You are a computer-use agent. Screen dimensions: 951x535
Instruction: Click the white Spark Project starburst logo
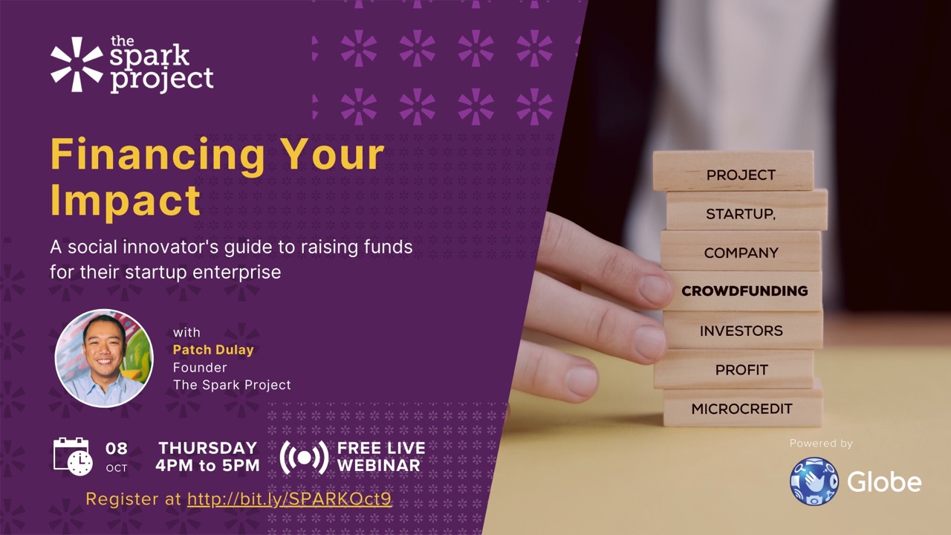[77, 65]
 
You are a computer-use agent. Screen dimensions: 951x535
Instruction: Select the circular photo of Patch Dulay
[104, 358]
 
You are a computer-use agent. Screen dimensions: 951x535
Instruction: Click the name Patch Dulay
[213, 349]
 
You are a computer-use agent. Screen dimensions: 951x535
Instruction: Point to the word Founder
[200, 367]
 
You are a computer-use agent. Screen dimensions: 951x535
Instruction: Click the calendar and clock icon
[73, 456]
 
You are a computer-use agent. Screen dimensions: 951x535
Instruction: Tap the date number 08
[117, 448]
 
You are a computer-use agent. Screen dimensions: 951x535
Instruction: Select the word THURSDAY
[207, 448]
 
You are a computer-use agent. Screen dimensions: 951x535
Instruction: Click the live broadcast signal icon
[304, 457]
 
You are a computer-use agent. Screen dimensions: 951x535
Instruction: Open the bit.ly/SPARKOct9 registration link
[289, 499]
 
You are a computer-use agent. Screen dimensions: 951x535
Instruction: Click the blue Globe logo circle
[814, 481]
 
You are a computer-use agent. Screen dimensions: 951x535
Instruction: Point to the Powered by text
[821, 444]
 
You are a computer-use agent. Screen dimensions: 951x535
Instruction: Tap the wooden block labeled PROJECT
[733, 171]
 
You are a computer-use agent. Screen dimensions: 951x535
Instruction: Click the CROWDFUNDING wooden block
[743, 291]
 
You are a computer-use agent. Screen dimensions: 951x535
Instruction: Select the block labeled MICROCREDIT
[742, 408]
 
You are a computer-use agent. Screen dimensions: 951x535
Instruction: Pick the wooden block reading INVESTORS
[742, 330]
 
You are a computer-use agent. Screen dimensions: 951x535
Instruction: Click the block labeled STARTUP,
[747, 210]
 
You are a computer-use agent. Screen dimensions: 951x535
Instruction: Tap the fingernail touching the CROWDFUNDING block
[655, 290]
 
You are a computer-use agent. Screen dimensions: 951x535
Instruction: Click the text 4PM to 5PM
[207, 465]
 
